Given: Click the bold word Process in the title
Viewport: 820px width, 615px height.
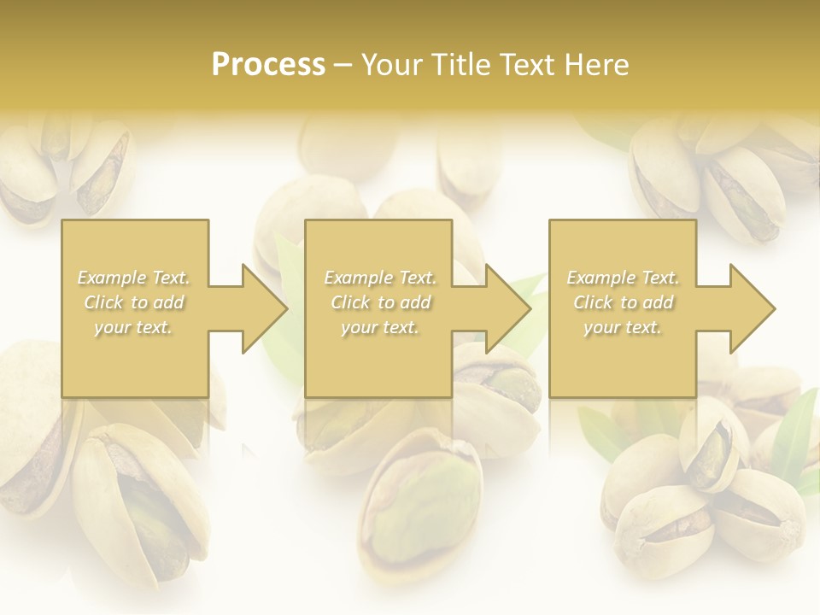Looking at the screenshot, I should tap(268, 65).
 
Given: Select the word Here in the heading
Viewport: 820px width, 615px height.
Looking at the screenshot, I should tap(595, 65).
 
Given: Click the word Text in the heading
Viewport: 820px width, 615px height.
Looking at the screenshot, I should tap(525, 65).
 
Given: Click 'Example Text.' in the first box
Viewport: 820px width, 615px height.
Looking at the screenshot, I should tap(134, 278).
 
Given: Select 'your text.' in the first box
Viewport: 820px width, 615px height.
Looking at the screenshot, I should tap(134, 327).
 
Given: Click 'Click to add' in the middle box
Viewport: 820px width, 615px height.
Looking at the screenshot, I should tap(380, 302).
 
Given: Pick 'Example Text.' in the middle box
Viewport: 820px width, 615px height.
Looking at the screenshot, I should tap(380, 278).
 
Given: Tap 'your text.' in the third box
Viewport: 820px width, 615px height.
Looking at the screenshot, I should tap(623, 327).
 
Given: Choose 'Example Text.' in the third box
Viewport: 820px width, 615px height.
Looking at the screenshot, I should tap(623, 278).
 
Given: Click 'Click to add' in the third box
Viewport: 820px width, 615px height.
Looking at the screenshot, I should tap(623, 302).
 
